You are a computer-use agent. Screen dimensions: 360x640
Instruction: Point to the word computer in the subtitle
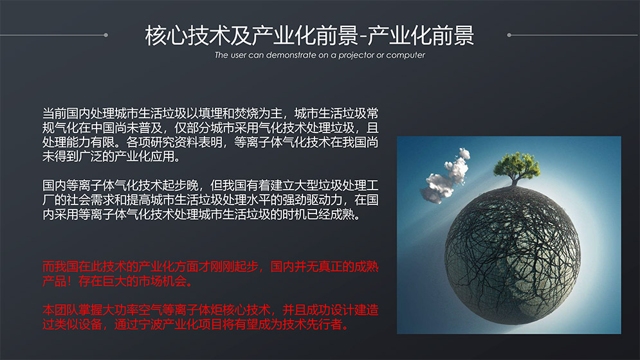click(405, 55)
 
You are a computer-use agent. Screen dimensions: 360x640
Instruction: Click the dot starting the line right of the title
click(509, 35)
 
